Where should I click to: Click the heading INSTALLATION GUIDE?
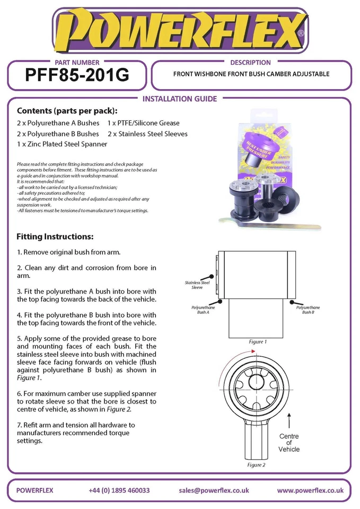(x=180, y=99)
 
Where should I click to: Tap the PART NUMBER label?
(x=77, y=62)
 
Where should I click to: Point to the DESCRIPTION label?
(x=251, y=62)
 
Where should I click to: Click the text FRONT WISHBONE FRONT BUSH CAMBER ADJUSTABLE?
(x=251, y=74)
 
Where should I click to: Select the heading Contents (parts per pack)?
(x=67, y=111)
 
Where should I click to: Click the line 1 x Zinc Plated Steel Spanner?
(x=62, y=144)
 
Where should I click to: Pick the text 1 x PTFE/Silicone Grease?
(x=143, y=123)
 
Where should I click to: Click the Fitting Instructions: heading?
(x=55, y=236)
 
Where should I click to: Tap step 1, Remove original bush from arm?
(x=69, y=251)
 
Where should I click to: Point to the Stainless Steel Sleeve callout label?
(x=197, y=285)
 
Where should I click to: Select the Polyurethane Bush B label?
(x=308, y=310)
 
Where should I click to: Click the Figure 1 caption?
(x=258, y=342)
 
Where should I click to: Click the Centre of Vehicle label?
(x=289, y=443)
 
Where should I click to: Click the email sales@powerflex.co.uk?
(x=214, y=490)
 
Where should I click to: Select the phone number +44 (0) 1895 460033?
(x=119, y=490)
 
